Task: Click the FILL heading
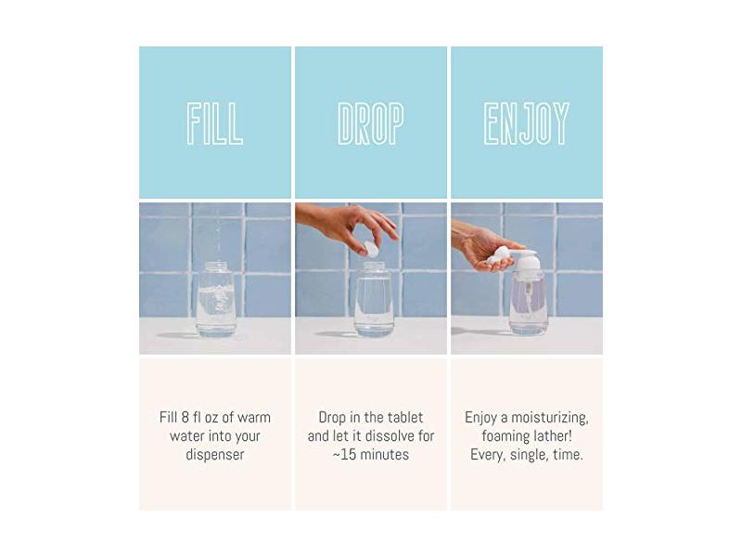(x=215, y=123)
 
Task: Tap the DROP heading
(x=371, y=123)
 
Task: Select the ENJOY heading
(x=526, y=123)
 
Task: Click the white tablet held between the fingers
(x=372, y=249)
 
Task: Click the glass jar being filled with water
(x=215, y=299)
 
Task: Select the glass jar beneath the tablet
(x=374, y=299)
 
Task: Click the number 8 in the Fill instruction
(x=185, y=418)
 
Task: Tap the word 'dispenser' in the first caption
(x=215, y=455)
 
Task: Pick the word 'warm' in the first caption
(x=253, y=418)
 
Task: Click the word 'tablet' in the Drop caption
(x=405, y=418)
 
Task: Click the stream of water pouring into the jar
(x=218, y=237)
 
